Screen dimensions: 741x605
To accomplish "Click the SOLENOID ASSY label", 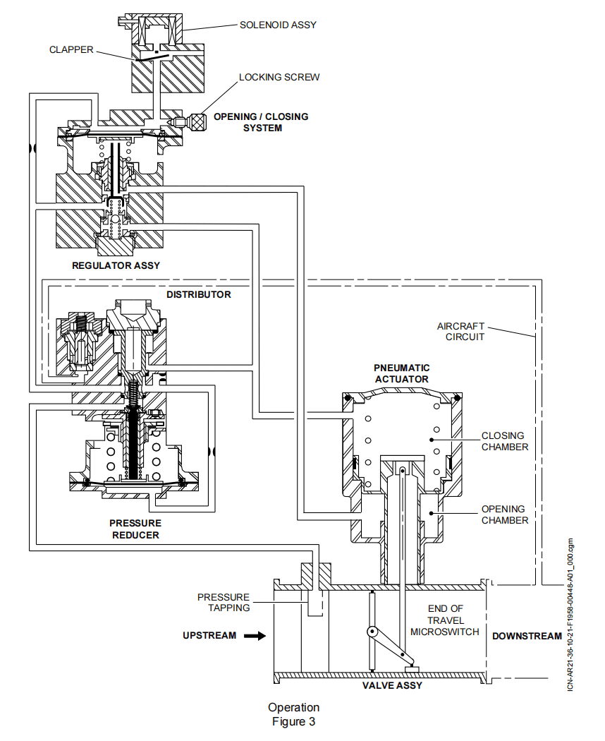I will pos(278,25).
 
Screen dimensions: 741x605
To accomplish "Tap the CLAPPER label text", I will pos(71,50).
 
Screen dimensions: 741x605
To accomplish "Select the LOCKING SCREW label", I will pos(279,77).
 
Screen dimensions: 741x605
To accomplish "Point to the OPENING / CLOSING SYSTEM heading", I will pos(261,122).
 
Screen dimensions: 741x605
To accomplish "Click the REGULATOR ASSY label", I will pos(116,265).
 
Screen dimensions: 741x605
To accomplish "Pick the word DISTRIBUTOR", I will pos(198,294).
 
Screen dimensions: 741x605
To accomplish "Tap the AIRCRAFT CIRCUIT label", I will pos(462,331).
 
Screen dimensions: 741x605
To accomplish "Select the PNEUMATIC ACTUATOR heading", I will pos(401,373).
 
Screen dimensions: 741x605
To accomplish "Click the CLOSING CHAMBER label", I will pos(504,441).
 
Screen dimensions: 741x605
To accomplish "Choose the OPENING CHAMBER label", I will pos(504,514).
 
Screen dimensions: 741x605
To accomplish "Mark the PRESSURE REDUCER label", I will pos(134,529).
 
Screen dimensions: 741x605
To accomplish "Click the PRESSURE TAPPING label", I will pos(224,602).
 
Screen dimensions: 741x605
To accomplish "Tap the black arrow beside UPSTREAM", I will pos(255,636).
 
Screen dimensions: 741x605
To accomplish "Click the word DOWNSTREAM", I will pos(527,636).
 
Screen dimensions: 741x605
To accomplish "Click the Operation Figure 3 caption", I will pos(293,714).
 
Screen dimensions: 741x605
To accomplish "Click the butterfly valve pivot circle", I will pos(370,632).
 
